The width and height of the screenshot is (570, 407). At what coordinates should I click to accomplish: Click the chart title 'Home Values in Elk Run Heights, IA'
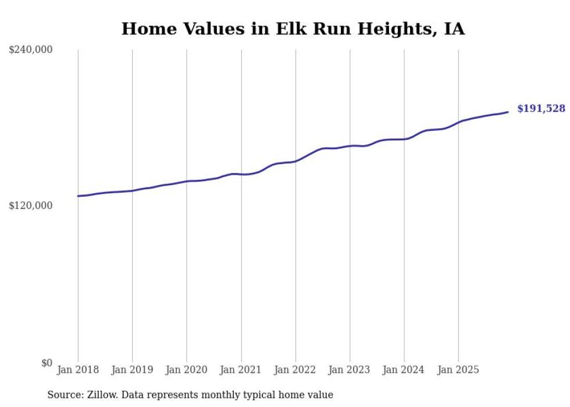point(293,29)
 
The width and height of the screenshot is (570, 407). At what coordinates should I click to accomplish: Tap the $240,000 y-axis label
point(31,50)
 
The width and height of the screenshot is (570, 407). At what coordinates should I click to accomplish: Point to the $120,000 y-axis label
point(31,206)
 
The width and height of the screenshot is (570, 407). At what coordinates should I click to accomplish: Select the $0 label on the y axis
point(47,363)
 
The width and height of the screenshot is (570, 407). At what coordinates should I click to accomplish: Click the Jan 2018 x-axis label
point(78,370)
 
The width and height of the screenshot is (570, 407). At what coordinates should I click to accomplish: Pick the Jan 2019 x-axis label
point(132,370)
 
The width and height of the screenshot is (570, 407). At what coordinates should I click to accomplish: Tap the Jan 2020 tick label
point(187,370)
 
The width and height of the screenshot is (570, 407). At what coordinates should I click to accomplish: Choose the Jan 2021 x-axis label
point(241,370)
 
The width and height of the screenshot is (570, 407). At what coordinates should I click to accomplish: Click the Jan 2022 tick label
point(295,370)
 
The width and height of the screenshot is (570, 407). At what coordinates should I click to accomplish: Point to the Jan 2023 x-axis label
point(350,370)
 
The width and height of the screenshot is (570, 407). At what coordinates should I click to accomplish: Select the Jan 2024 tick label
point(404,370)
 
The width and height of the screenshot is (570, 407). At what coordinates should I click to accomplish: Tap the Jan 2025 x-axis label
point(458,370)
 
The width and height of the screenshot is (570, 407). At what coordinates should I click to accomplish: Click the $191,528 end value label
point(541,109)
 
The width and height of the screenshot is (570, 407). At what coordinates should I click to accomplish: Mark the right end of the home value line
point(508,112)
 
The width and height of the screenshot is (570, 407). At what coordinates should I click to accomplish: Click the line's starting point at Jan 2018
point(78,196)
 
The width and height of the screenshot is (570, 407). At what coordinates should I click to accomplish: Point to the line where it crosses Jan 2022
point(295,161)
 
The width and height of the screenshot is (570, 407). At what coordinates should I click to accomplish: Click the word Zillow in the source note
point(99,395)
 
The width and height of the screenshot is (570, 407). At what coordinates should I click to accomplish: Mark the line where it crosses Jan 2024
point(404,139)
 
